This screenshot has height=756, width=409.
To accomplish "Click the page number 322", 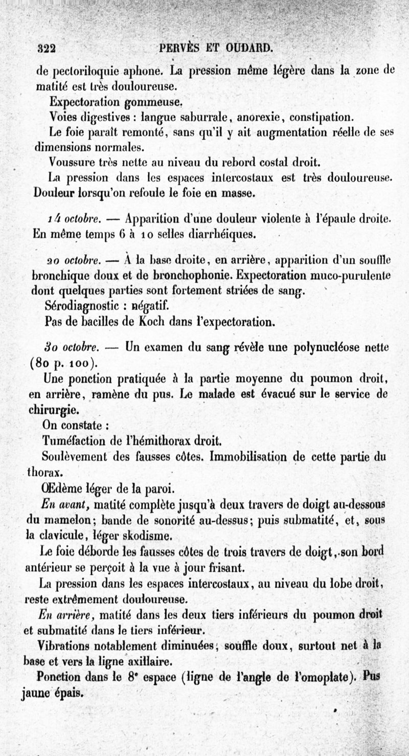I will pyautogui.click(x=47, y=49).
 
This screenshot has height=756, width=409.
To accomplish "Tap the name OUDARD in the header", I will pyautogui.click(x=249, y=49).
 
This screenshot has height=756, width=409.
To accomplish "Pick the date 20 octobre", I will pyautogui.click(x=73, y=260).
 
